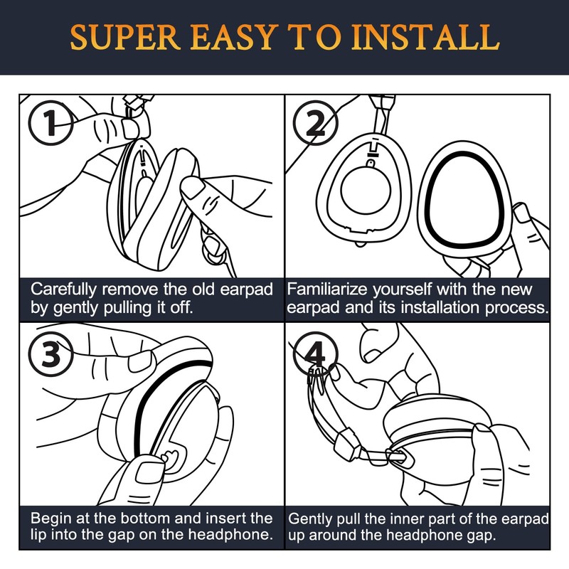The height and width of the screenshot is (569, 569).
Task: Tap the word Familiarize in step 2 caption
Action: click(329, 290)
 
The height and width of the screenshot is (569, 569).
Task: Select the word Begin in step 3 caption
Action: click(51, 518)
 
